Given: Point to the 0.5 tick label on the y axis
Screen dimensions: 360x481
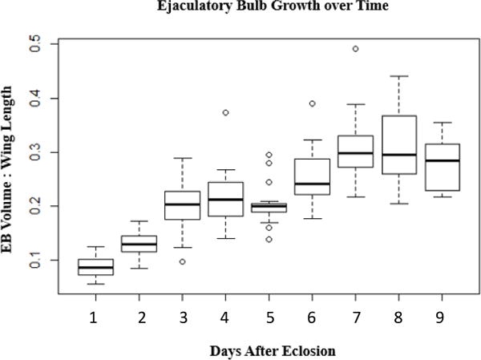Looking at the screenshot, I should (x=34, y=44).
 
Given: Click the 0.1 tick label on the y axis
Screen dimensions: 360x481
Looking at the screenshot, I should (x=34, y=260).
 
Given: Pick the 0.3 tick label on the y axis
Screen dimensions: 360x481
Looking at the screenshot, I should (x=34, y=152).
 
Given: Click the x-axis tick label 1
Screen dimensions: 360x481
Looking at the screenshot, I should (x=94, y=318).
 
